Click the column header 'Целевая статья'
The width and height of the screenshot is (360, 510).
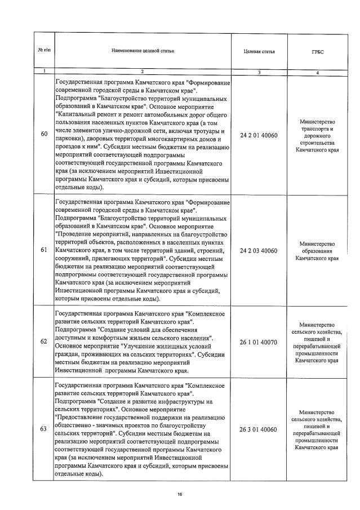259,51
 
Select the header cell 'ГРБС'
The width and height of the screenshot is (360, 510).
318,51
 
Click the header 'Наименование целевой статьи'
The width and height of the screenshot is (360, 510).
143,51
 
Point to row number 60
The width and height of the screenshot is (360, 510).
44,134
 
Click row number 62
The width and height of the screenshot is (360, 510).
44,342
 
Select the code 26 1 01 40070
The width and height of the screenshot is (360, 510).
259,342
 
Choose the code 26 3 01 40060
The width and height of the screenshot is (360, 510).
259,429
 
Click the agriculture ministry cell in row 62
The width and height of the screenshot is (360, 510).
318,342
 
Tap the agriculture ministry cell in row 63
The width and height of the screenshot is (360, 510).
318,429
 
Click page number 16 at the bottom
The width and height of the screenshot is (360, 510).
180,494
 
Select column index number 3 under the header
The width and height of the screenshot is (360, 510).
259,72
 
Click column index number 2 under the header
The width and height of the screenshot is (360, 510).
143,72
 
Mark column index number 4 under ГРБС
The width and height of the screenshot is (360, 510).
318,72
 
